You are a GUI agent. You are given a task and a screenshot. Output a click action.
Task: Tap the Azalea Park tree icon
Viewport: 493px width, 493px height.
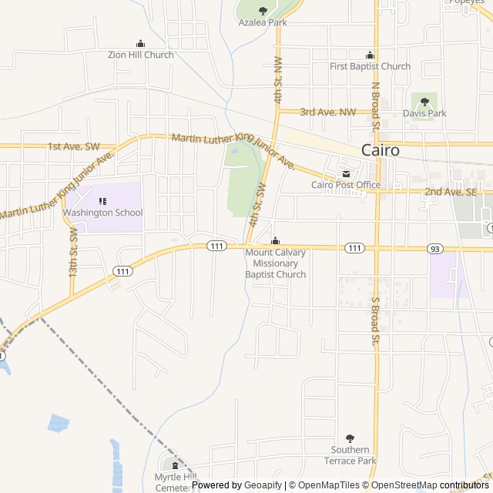pyautogui.click(x=263, y=11)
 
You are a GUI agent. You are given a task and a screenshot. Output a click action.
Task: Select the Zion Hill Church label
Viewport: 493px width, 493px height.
pyautogui.click(x=140, y=55)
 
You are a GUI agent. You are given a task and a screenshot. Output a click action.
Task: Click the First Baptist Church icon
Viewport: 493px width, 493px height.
pyautogui.click(x=370, y=55)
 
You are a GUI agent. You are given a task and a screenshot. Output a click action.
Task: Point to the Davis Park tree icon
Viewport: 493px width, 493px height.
pyautogui.click(x=424, y=101)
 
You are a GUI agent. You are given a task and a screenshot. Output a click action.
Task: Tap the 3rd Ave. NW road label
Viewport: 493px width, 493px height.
pyautogui.click(x=328, y=112)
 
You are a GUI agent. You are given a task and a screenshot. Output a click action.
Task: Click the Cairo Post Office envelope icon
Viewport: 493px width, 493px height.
pyautogui.click(x=346, y=173)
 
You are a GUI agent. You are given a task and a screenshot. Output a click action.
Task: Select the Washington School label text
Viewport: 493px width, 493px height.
pyautogui.click(x=102, y=213)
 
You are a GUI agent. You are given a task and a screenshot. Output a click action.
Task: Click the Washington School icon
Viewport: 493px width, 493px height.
pyautogui.click(x=102, y=201)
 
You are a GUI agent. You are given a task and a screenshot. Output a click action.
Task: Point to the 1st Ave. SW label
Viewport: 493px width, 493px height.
pyautogui.click(x=74, y=146)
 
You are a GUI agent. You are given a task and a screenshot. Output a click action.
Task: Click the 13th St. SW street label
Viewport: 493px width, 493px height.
pyautogui.click(x=73, y=253)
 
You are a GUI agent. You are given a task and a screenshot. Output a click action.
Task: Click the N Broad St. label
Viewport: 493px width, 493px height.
pyautogui.click(x=376, y=105)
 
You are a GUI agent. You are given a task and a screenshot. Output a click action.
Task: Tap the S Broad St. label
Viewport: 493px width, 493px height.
pyautogui.click(x=376, y=320)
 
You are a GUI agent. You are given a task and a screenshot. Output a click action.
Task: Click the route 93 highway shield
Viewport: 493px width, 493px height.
pyautogui.click(x=436, y=248)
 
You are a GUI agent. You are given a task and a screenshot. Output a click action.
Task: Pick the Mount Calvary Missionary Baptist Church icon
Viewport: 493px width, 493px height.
pyautogui.click(x=276, y=240)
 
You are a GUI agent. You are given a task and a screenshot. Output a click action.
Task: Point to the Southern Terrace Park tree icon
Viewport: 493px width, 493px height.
pyautogui.click(x=350, y=438)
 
